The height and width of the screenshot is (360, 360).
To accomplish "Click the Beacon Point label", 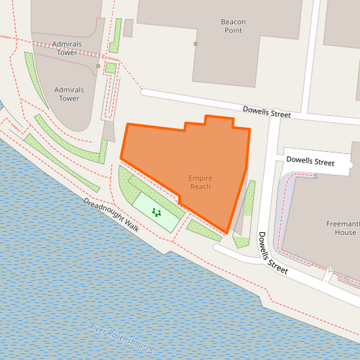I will [232, 26].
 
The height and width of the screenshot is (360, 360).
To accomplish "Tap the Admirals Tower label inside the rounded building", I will [66, 94].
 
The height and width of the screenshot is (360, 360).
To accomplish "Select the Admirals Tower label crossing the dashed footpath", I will [67, 49].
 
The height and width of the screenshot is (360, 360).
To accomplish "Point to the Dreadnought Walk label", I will [111, 215].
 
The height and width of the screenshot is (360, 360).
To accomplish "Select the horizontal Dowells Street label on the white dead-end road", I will [310, 162].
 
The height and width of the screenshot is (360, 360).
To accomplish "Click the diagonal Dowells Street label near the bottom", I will [272, 253].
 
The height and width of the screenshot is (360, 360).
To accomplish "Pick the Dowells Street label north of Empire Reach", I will [267, 113].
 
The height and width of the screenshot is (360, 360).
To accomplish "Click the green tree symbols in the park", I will [157, 213].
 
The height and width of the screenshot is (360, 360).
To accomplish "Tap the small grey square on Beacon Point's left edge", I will [196, 44].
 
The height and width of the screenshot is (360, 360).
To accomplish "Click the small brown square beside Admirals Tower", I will [99, 66].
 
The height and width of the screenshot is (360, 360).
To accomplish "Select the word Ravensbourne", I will [133, 342].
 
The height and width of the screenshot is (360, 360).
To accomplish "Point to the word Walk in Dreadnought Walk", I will [129, 225].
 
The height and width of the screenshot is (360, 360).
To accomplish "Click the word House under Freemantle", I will [345, 232].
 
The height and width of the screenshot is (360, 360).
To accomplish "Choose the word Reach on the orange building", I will [200, 187].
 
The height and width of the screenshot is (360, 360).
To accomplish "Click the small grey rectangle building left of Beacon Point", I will [128, 28].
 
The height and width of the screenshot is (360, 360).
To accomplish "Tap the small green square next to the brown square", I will [110, 68].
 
